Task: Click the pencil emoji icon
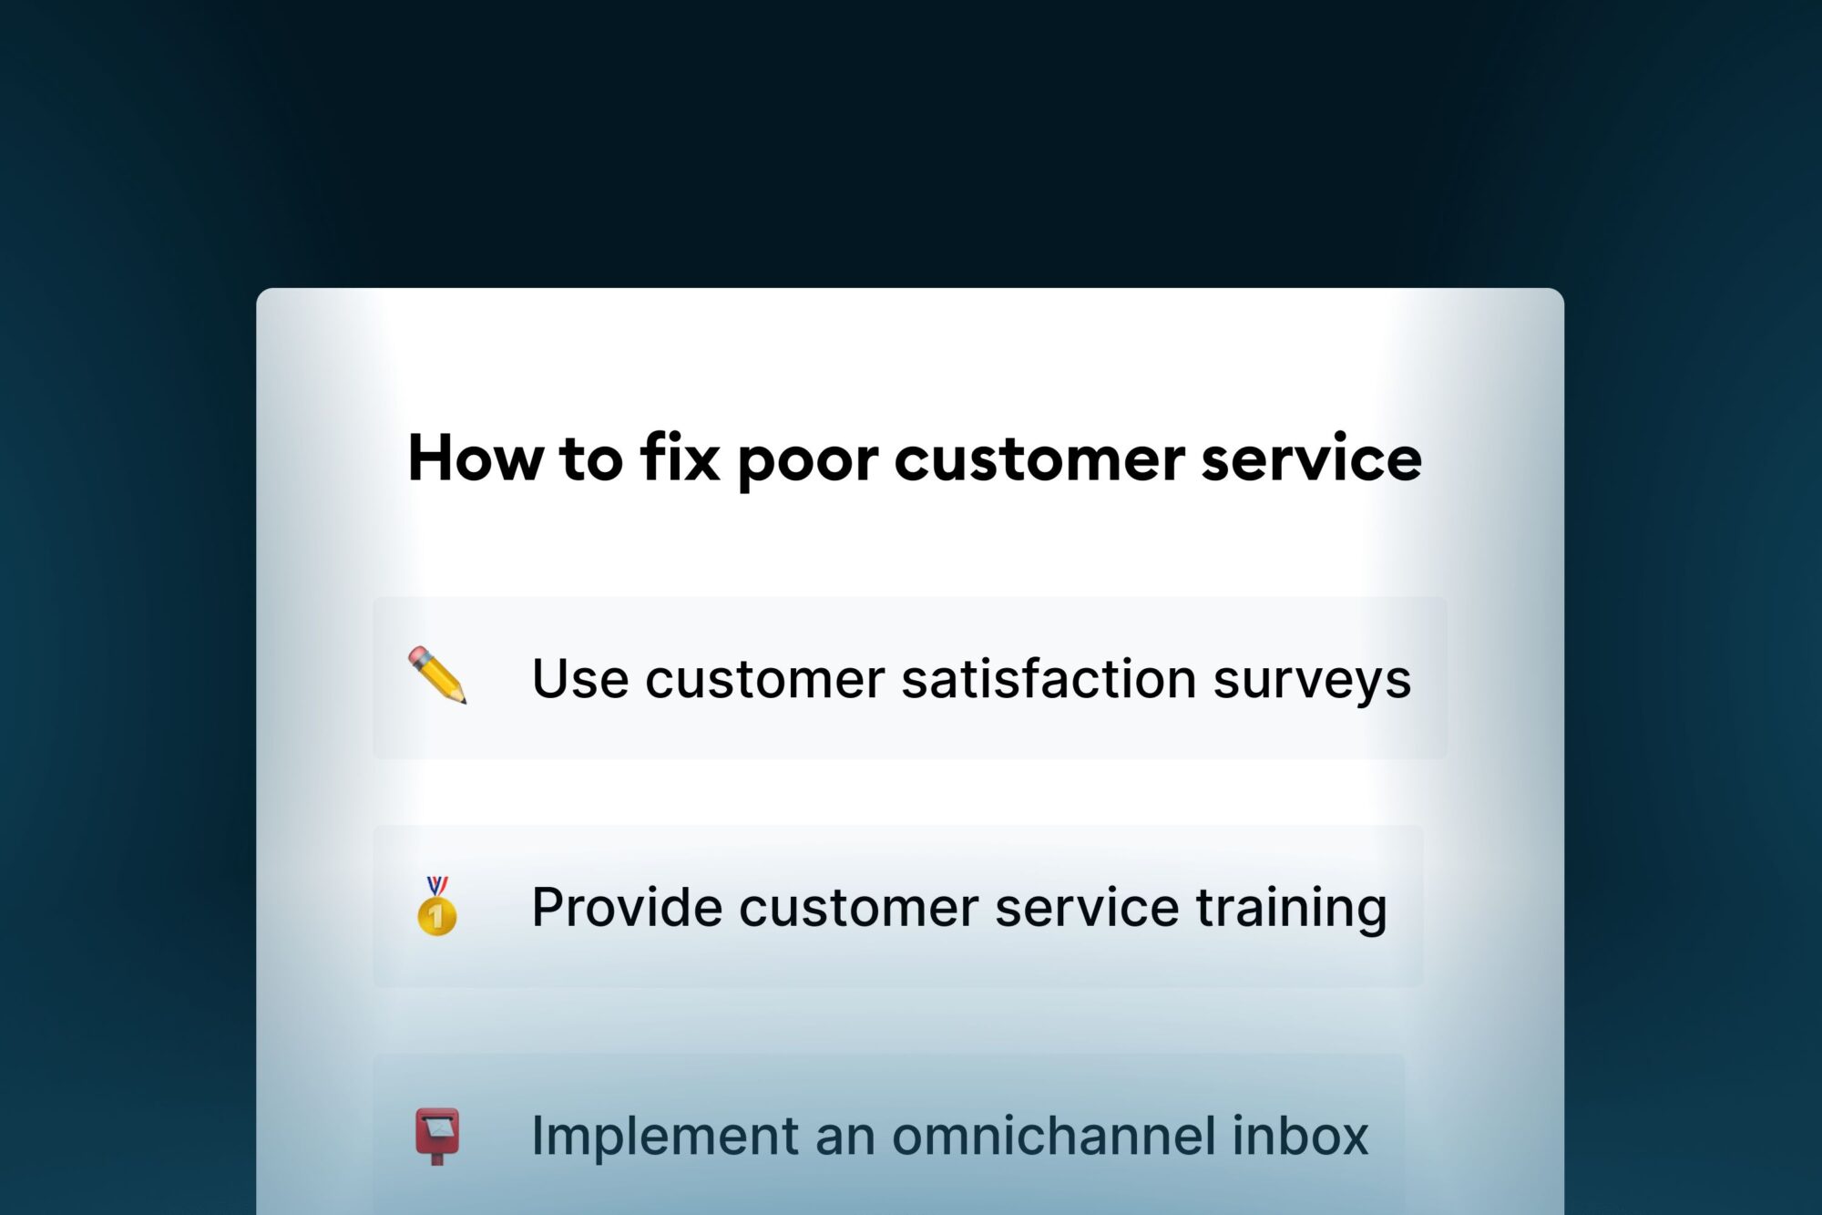coord(437,675)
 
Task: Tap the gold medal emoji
coord(437,906)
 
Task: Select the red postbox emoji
coord(437,1135)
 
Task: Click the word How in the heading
coord(474,458)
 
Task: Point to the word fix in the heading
coord(680,458)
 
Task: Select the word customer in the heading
coord(1039,459)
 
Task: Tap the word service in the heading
coord(1311,459)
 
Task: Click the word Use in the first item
coord(580,679)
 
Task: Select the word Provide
coord(627,908)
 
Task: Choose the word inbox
coord(1300,1136)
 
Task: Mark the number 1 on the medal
coord(437,916)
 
